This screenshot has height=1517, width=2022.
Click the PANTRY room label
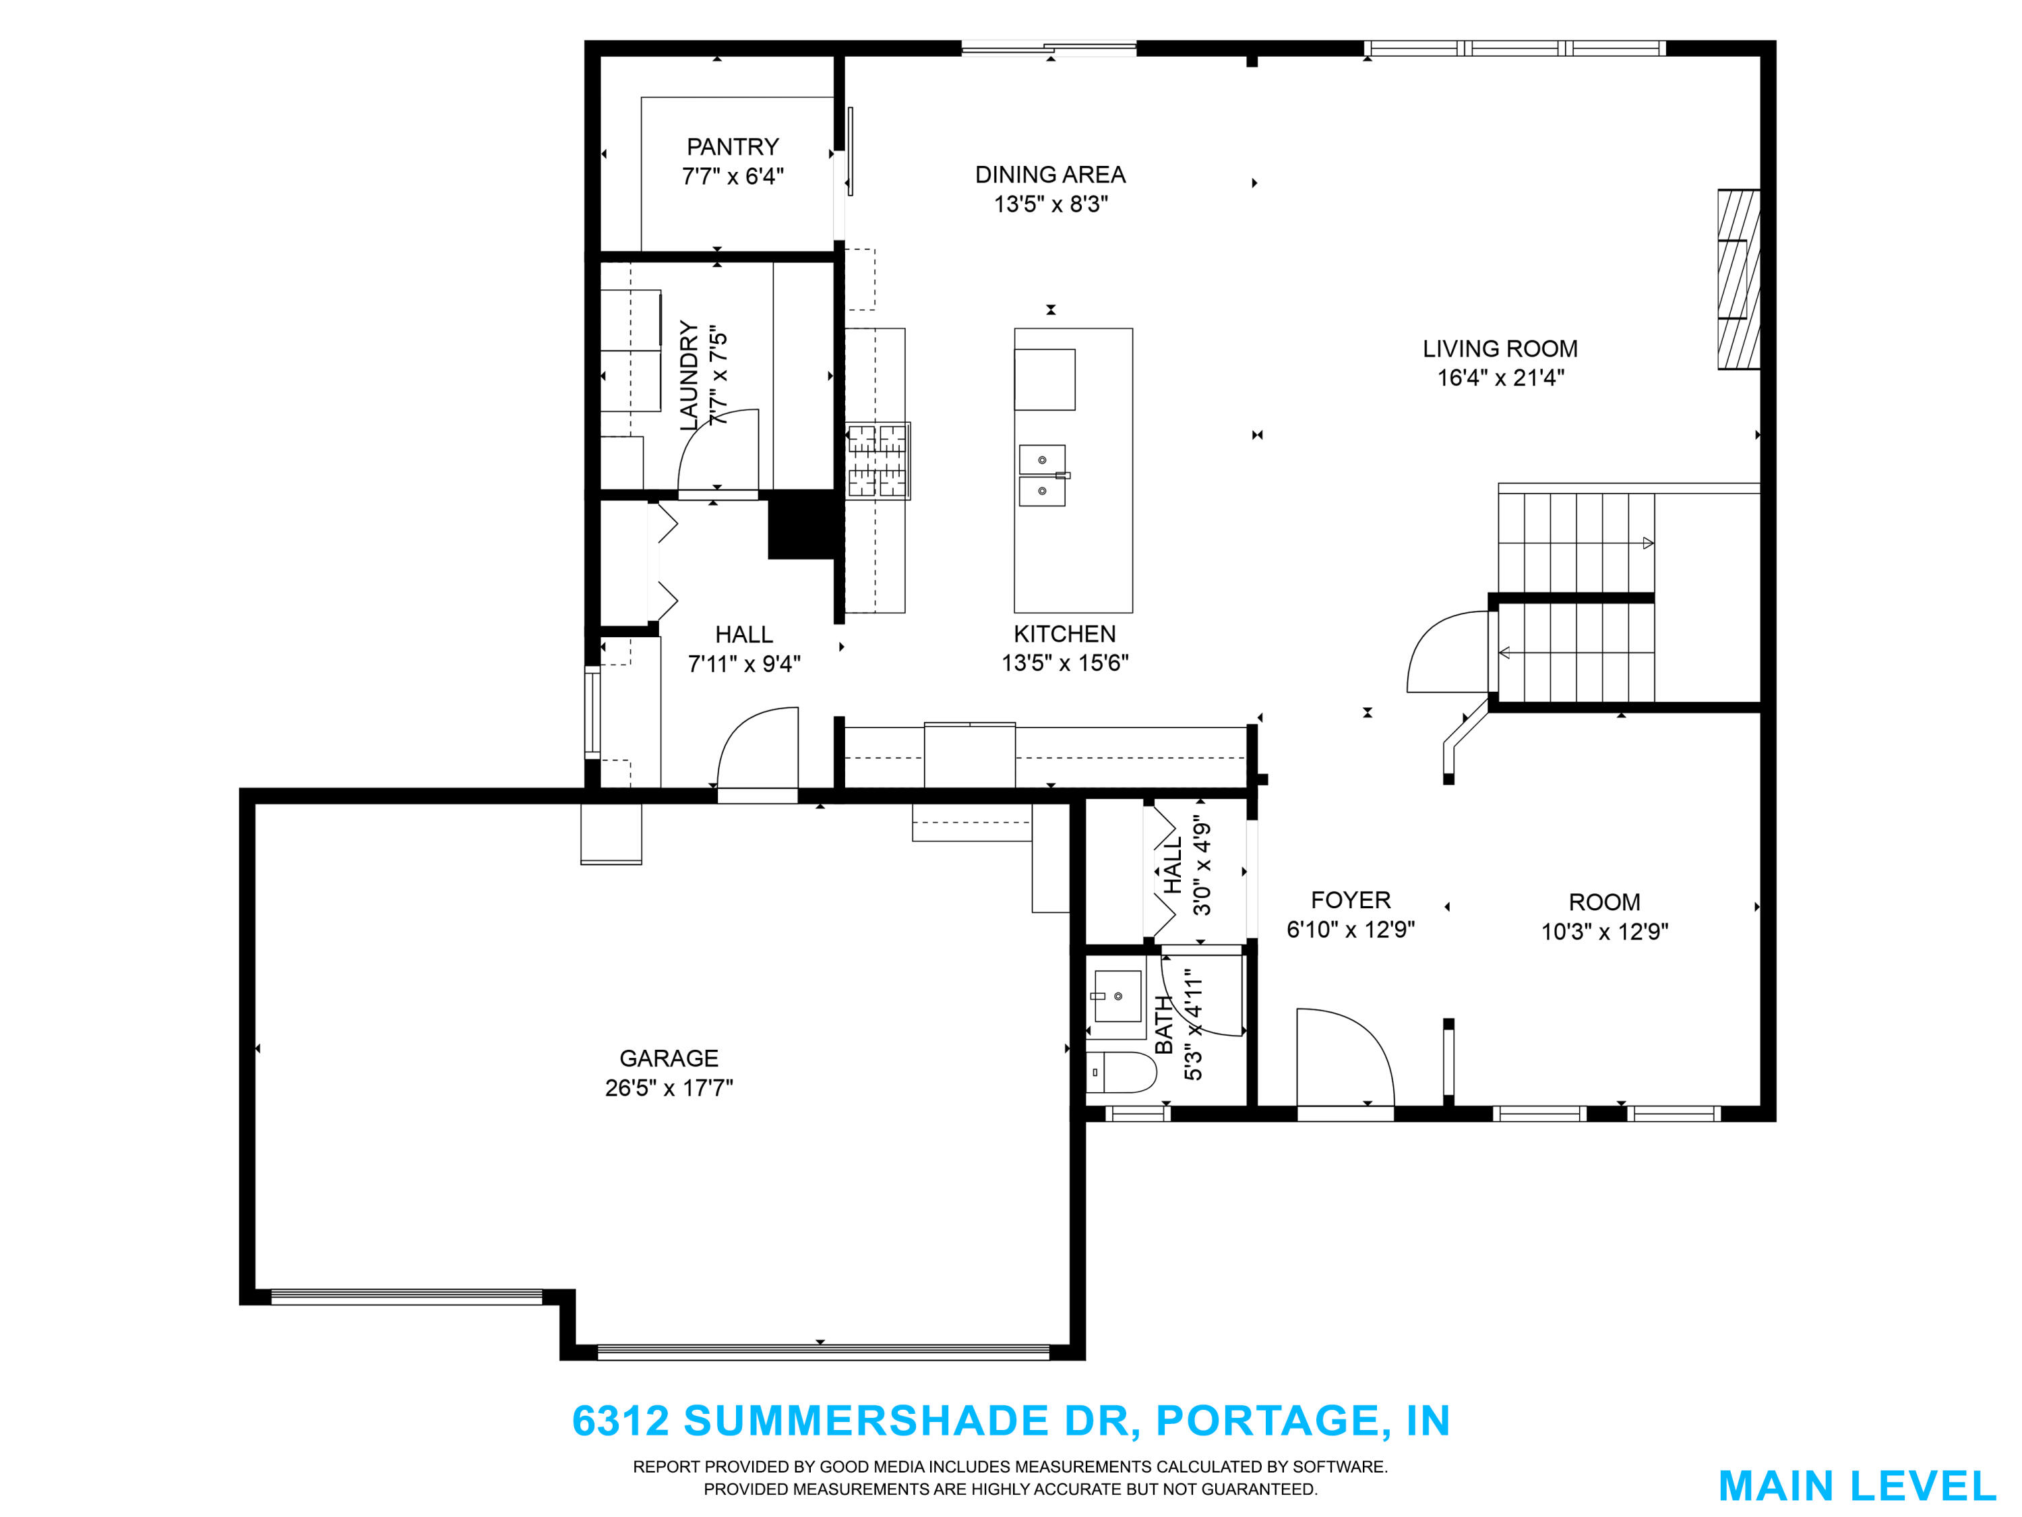click(x=732, y=147)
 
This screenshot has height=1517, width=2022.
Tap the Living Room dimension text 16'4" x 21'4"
click(x=1500, y=378)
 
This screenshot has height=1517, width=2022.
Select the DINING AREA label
click(x=1050, y=175)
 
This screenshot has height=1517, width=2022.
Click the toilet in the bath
click(x=1122, y=1073)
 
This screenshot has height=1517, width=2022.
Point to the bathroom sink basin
click(x=1117, y=996)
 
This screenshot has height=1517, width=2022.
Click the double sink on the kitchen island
click(x=1043, y=475)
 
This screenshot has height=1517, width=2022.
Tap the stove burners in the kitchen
click(x=878, y=461)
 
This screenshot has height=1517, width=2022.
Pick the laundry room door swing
click(x=718, y=450)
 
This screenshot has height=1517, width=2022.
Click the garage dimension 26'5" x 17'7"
click(x=669, y=1088)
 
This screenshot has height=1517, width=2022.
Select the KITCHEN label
click(x=1065, y=634)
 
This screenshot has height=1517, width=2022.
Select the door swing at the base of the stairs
click(x=1448, y=651)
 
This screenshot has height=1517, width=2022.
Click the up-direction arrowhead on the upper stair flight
click(x=1648, y=543)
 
